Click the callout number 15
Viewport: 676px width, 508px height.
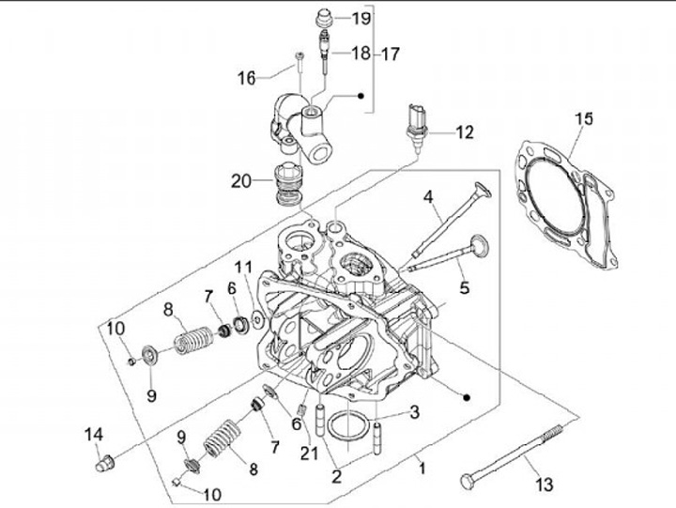pos(583,119)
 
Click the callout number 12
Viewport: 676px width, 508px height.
pos(466,132)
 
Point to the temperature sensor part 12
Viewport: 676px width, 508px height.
pos(416,122)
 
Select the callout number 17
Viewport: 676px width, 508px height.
pos(391,54)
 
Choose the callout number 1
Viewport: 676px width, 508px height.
pos(422,467)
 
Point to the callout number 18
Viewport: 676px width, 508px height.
pos(361,54)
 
